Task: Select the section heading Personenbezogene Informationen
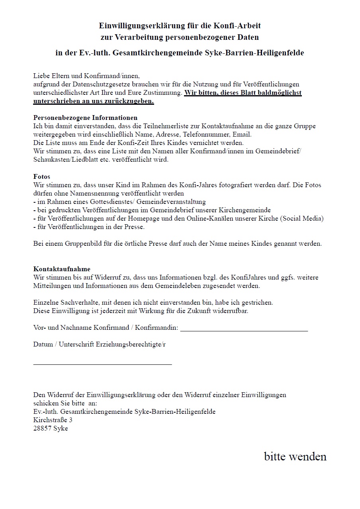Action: click(85, 118)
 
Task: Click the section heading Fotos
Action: click(41, 176)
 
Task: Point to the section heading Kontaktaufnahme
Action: click(62, 269)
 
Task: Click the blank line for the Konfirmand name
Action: click(244, 329)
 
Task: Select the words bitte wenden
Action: click(295, 456)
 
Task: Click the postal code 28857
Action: click(42, 429)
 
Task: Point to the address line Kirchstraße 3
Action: click(53, 420)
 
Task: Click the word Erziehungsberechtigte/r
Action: click(131, 345)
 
